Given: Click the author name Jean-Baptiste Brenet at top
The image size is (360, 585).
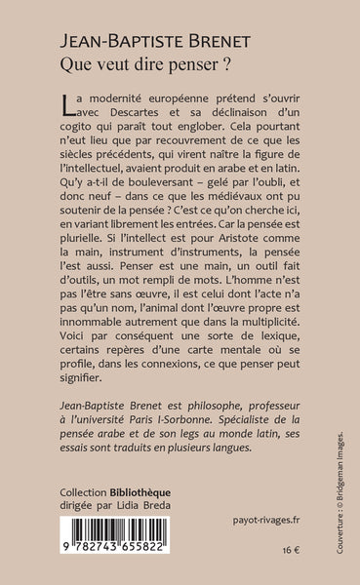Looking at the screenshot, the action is (x=167, y=29).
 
